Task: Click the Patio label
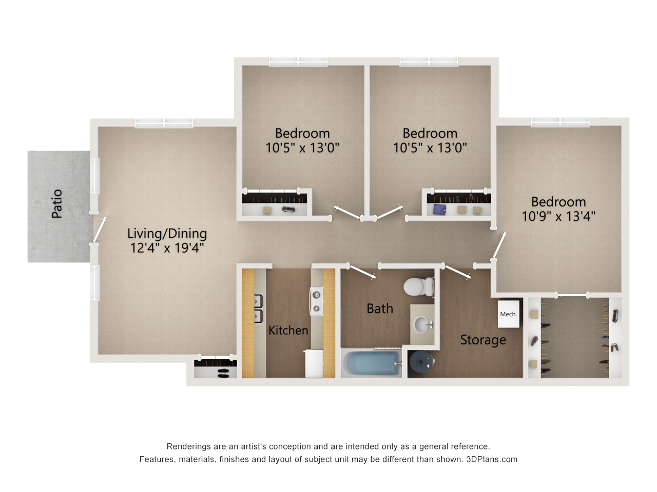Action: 57,203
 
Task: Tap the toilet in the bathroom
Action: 418,287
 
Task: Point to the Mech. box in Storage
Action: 508,314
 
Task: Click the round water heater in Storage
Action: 421,362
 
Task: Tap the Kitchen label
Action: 288,330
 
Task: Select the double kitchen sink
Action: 258,309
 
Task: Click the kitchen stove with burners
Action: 316,301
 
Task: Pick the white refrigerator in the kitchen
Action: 314,363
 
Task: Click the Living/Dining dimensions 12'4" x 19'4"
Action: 167,248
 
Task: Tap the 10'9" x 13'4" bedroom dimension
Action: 558,216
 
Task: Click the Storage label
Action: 483,340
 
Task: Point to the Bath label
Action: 380,309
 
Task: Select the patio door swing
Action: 100,230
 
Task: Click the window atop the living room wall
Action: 164,123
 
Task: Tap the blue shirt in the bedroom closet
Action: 439,209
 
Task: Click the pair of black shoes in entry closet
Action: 223,374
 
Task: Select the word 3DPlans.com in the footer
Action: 492,459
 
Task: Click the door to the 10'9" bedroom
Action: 499,245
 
